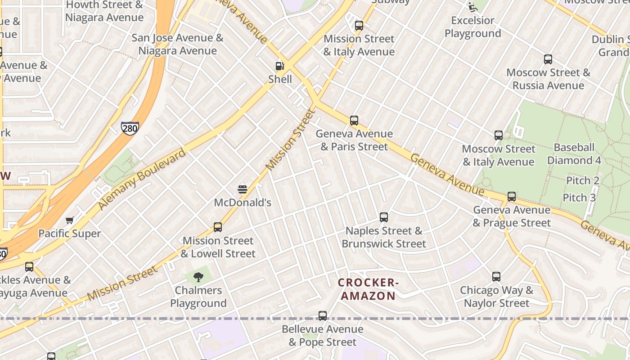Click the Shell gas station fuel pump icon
point(279,66)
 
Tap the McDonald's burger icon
point(243,189)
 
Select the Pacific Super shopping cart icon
point(69,220)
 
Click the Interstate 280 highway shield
point(130,128)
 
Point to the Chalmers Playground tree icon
point(198,277)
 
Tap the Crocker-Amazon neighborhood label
point(368,289)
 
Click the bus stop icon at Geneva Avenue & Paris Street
point(354,120)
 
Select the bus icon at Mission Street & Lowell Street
point(218,227)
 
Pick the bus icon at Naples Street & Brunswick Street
point(384,217)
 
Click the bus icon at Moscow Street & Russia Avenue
point(548,59)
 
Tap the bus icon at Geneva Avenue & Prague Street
point(512,196)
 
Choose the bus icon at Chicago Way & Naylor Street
point(496,277)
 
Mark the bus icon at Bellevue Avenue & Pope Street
point(323,315)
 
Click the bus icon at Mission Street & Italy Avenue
point(359,25)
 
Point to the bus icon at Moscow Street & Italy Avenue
point(499,135)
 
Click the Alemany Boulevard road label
point(142,179)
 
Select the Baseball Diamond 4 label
point(574,154)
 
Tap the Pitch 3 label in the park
point(579,198)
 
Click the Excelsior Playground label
point(472,27)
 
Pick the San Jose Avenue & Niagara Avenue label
point(177,44)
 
